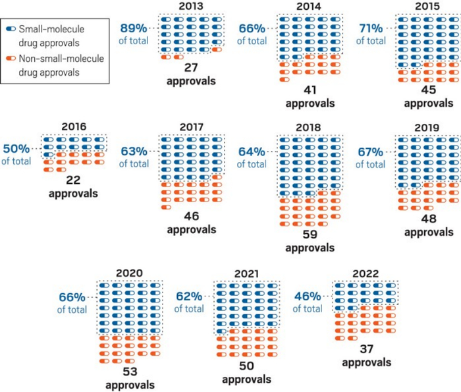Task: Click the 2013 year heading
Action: [x=190, y=7]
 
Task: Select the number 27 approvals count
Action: [x=191, y=69]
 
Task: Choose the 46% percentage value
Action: [x=308, y=296]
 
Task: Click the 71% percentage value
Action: [x=372, y=28]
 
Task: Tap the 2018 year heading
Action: [x=310, y=127]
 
